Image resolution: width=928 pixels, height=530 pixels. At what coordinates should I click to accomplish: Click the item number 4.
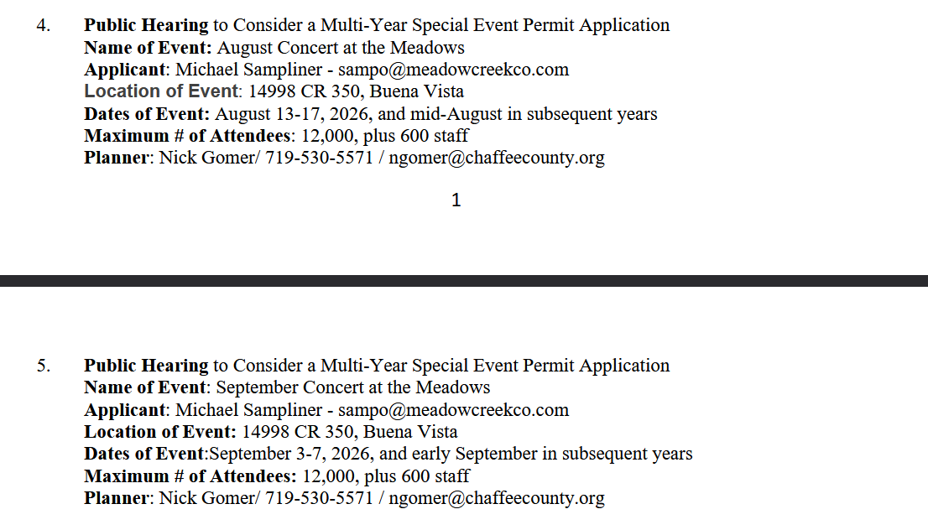coord(43,25)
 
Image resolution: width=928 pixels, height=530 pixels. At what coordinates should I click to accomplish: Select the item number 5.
coord(43,366)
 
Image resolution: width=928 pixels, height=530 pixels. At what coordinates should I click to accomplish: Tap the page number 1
coord(456,200)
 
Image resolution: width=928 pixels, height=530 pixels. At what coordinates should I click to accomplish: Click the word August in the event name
coord(245,48)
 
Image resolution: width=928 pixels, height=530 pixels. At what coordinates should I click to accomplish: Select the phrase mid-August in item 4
coord(467,114)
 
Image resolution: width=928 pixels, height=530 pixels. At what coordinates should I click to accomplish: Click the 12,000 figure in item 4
coord(325,136)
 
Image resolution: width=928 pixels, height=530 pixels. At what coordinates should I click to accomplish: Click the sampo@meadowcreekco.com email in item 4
coord(453,70)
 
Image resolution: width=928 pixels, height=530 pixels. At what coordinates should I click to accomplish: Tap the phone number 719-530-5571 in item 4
coord(319,158)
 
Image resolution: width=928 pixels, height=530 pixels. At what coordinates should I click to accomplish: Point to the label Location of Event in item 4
coord(161,91)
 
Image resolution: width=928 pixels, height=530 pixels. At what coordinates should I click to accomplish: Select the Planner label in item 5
coord(116,498)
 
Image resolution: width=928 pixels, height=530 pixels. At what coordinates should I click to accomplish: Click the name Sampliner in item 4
coord(283,70)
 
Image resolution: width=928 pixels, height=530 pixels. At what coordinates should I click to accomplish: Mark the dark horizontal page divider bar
coord(464,281)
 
